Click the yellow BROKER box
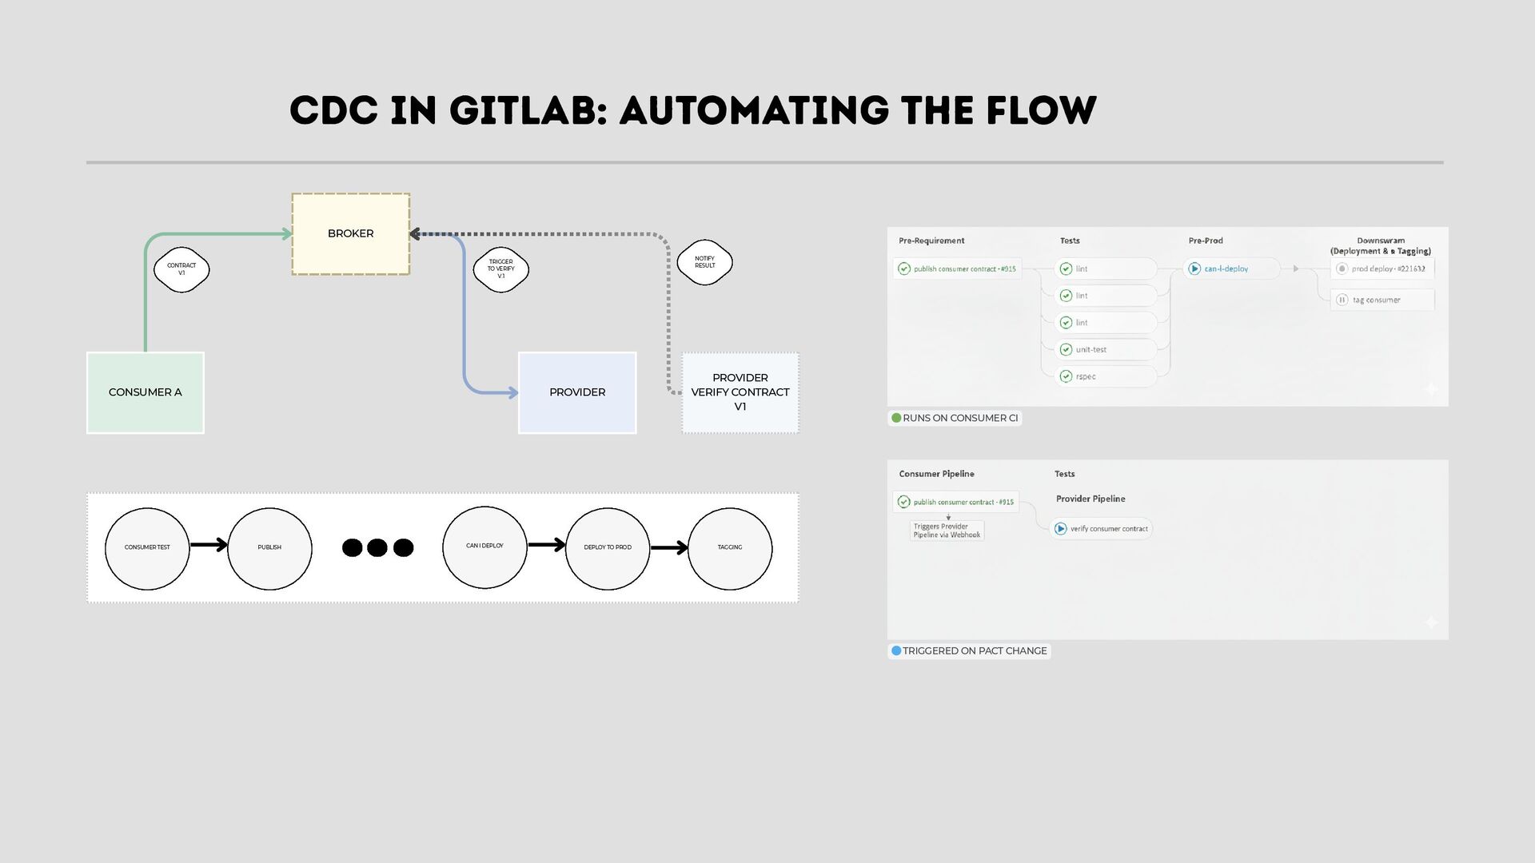(350, 234)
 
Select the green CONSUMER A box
(145, 392)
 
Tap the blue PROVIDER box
(576, 392)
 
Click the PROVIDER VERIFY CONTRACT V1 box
(740, 392)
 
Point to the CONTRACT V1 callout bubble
(181, 269)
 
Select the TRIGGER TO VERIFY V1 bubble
(500, 269)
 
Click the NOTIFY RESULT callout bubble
(704, 262)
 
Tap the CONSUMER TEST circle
(147, 548)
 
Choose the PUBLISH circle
(269, 548)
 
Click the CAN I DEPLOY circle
(484, 547)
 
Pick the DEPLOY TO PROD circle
(607, 548)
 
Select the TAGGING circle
(729, 548)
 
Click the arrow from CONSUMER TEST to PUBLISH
(209, 546)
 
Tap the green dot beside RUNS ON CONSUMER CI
(896, 418)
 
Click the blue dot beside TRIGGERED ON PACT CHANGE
(896, 651)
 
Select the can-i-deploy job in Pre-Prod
(1226, 269)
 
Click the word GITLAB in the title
(522, 110)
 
